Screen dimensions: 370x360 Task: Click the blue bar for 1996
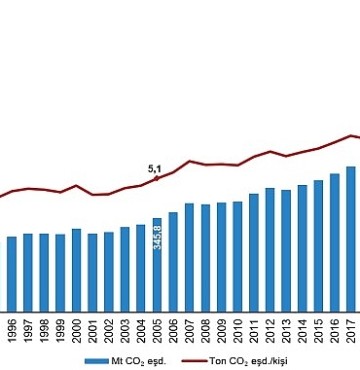pos(12,273)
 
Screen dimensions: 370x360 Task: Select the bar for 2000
pos(76,270)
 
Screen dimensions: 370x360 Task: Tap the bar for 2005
pos(157,264)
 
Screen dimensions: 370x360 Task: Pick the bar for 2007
pos(190,257)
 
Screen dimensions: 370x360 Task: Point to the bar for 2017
pos(350,238)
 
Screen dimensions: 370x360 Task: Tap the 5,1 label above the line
pos(154,168)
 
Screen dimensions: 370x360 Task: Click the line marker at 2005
pos(157,178)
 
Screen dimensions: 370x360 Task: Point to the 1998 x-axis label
pos(44,328)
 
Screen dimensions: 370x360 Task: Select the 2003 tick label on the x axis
pos(125,328)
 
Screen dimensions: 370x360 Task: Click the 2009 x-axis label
pos(222,328)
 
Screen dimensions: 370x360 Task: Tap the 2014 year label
pos(303,328)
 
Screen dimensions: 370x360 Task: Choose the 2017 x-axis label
pos(351,328)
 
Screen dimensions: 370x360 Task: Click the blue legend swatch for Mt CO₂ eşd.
pos(94,360)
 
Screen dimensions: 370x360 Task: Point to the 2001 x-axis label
pos(92,328)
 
